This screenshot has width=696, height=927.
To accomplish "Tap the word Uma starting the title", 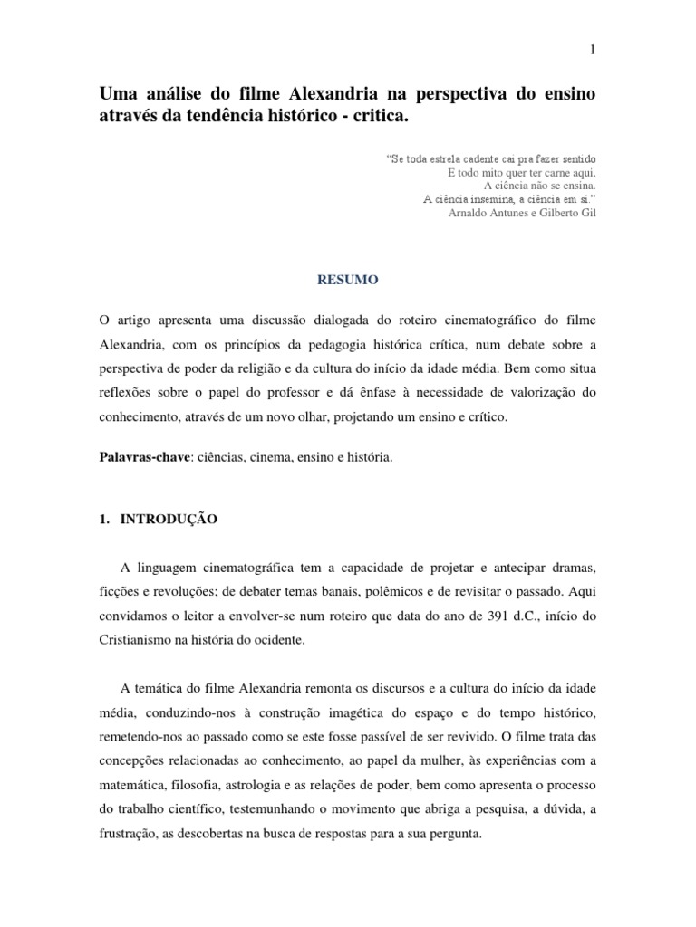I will (115, 95).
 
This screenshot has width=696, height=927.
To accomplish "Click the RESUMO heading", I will (347, 282).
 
